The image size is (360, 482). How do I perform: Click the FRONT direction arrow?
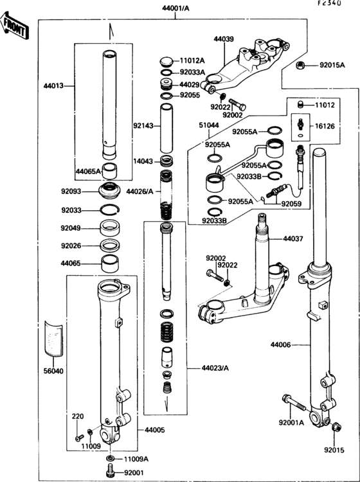point(14,26)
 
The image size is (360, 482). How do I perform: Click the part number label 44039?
point(224,39)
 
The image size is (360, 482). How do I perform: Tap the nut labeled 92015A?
point(300,65)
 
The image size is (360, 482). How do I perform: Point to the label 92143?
point(143,126)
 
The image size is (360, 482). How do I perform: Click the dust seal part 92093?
point(109,191)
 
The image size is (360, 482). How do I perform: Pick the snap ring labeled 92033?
point(110,210)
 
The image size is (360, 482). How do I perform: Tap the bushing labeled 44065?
point(110,263)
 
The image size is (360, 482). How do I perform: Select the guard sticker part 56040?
point(53,339)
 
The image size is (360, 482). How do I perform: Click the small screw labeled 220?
point(79,437)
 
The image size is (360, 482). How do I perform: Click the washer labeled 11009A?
point(111,459)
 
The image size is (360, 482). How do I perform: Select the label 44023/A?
point(215,368)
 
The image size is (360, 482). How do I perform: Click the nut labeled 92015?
point(337,427)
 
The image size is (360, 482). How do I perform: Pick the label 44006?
point(280,345)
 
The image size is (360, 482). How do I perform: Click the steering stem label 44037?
point(293,238)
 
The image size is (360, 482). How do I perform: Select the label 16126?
point(325,126)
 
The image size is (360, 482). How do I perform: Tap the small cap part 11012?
point(301,105)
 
